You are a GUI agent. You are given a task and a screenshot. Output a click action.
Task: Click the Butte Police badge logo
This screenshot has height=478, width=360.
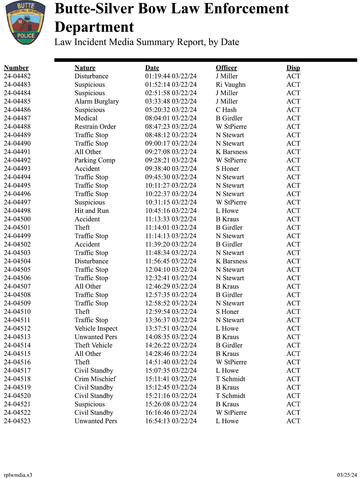click(26, 22)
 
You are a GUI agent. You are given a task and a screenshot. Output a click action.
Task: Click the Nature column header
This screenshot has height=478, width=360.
click(85, 68)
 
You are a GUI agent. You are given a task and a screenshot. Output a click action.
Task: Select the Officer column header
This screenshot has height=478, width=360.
click(226, 68)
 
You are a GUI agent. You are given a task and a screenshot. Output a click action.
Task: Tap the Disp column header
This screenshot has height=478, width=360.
click(293, 68)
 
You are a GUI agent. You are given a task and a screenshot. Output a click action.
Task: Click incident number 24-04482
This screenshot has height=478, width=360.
click(17, 76)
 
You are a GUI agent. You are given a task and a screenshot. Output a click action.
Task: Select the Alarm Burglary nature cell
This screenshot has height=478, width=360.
click(96, 102)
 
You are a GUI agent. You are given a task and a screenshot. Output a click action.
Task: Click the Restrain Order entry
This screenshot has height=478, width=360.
click(95, 127)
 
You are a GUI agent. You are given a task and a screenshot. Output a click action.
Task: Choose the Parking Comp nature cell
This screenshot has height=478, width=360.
click(95, 160)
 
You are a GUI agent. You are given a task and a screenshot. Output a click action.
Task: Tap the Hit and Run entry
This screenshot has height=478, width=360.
click(91, 211)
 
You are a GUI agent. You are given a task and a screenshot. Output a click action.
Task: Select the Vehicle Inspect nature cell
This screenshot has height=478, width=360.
click(96, 329)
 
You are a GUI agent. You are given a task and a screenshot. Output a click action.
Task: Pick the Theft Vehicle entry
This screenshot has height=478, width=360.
click(93, 345)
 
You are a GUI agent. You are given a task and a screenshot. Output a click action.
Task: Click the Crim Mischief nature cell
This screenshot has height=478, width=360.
click(95, 379)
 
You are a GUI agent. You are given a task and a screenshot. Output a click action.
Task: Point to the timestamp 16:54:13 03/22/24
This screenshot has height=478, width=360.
click(171, 421)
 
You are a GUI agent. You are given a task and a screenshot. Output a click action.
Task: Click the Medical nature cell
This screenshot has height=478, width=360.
click(86, 118)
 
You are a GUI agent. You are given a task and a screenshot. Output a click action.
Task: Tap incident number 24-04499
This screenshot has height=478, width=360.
click(17, 236)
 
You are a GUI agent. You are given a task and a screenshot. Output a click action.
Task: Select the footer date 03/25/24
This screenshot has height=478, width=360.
click(347, 475)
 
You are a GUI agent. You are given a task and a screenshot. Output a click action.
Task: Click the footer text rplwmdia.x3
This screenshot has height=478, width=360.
click(18, 475)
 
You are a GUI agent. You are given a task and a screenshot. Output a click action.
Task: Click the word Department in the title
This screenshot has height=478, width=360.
click(94, 27)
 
